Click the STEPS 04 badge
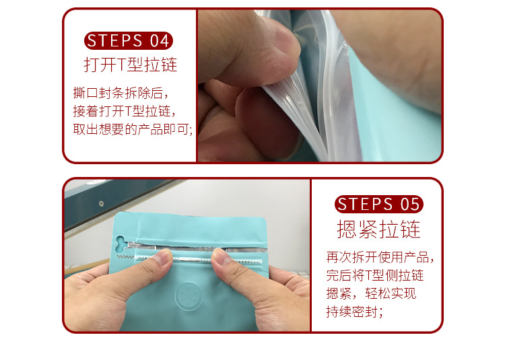(128, 40)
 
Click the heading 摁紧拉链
(378, 229)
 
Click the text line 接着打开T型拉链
(125, 111)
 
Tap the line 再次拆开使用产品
(380, 258)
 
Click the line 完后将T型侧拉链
(375, 276)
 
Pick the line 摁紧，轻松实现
(371, 294)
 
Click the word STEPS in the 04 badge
(114, 40)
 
